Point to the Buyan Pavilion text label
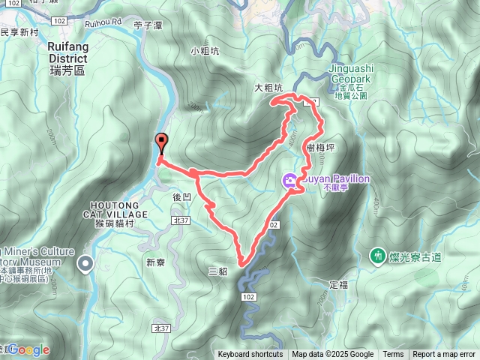click(335, 179)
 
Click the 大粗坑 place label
click(268, 88)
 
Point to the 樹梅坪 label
click(320, 148)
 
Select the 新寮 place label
click(155, 262)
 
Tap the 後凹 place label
click(181, 197)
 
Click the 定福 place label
click(339, 285)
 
